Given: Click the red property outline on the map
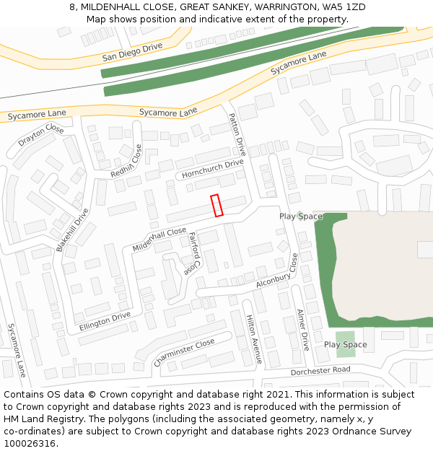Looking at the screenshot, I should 217,206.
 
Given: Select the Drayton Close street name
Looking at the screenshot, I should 41,135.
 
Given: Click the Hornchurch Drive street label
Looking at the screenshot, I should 213,169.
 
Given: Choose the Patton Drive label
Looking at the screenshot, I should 237,135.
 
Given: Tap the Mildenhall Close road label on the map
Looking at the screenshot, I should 159,239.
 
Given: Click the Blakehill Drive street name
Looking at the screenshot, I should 72,229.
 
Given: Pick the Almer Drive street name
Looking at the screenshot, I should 303,330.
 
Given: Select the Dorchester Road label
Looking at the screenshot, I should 320,371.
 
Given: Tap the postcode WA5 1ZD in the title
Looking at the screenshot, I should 344,6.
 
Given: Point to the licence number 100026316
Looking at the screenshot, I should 30,444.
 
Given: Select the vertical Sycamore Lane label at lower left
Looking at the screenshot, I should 17,350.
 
